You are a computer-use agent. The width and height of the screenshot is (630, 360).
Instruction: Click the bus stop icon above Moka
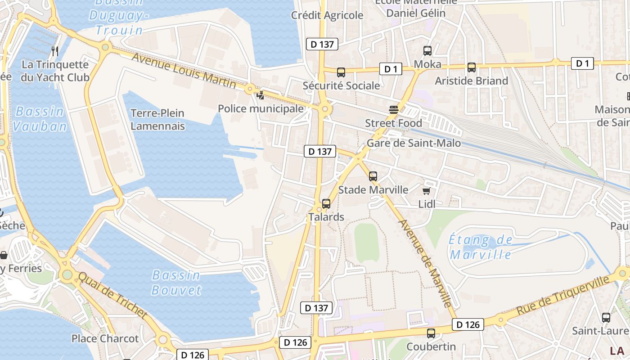point(427,51)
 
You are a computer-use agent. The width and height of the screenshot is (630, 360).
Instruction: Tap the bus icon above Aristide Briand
point(471,67)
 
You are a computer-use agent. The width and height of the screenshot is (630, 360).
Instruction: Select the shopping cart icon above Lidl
point(426,191)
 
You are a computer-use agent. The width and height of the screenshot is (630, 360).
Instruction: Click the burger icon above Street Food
point(394,110)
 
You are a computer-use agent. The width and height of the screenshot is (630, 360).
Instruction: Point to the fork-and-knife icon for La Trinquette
point(55,51)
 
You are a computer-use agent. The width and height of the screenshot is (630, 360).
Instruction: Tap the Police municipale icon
point(260,95)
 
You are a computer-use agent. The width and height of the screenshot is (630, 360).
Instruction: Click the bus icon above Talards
point(326,204)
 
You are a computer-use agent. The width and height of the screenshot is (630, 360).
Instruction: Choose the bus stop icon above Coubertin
point(431,333)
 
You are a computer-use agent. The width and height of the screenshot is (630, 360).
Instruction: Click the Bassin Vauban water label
point(40,119)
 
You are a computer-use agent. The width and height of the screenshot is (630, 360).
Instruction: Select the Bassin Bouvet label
point(176,282)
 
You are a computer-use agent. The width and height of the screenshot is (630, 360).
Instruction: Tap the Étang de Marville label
point(481,247)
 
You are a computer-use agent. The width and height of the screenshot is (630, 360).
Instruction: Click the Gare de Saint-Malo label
point(414,143)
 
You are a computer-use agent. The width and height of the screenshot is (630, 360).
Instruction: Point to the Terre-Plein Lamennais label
point(157,119)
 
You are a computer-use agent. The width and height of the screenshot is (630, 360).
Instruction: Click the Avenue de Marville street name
point(425,263)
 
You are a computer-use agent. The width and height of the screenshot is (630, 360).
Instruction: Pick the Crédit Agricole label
point(327,15)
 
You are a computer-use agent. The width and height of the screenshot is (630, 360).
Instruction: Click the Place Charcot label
point(105,338)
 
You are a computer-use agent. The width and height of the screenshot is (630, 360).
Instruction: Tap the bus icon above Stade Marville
point(373,176)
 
